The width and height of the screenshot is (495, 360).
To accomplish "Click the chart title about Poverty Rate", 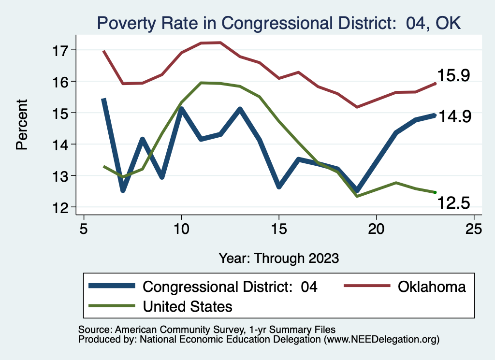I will point(279,23).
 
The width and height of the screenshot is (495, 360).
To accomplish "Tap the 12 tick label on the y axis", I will point(64,207).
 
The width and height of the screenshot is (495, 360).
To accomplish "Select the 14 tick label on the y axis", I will point(64,144).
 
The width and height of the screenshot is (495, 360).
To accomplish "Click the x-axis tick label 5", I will point(84,229).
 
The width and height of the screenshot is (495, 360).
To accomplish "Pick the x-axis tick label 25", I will point(474,229).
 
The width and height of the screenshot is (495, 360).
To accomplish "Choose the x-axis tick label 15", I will point(278,229).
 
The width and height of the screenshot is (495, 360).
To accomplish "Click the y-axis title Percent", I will point(22,125).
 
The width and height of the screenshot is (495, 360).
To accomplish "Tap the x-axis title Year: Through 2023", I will point(278,258).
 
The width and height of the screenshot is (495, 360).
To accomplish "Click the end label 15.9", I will point(453,75).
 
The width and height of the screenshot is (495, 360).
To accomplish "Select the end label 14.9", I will point(454,117).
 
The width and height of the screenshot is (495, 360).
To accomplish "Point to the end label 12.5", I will point(453,203).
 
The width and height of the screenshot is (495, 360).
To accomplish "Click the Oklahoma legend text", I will point(432,287).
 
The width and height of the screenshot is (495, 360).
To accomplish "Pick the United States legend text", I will point(188,306).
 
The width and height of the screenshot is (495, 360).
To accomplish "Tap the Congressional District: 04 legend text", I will point(230,287).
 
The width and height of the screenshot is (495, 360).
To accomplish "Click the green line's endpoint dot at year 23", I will point(435,192).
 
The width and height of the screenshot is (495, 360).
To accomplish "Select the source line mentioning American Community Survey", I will point(204,330).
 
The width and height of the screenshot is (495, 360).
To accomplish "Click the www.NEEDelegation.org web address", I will point(382,339).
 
